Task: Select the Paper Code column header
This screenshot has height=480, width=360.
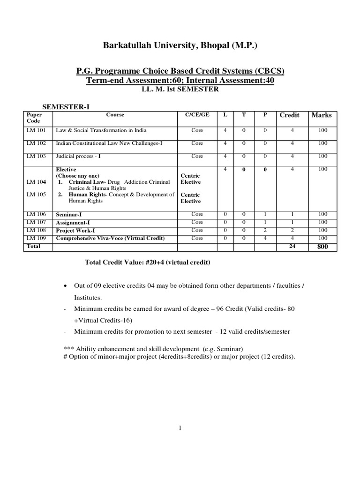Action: (x=34, y=118)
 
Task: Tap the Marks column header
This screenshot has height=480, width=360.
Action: (x=321, y=115)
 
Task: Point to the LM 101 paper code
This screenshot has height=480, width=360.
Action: (x=36, y=130)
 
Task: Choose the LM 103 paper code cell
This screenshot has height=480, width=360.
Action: (x=36, y=157)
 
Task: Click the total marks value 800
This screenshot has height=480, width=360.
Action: (x=322, y=247)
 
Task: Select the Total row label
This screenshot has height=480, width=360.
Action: (x=33, y=246)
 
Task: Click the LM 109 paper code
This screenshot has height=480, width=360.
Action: (x=36, y=238)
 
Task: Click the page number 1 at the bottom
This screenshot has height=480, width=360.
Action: (x=180, y=427)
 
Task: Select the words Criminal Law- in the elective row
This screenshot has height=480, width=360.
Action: (x=87, y=182)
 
